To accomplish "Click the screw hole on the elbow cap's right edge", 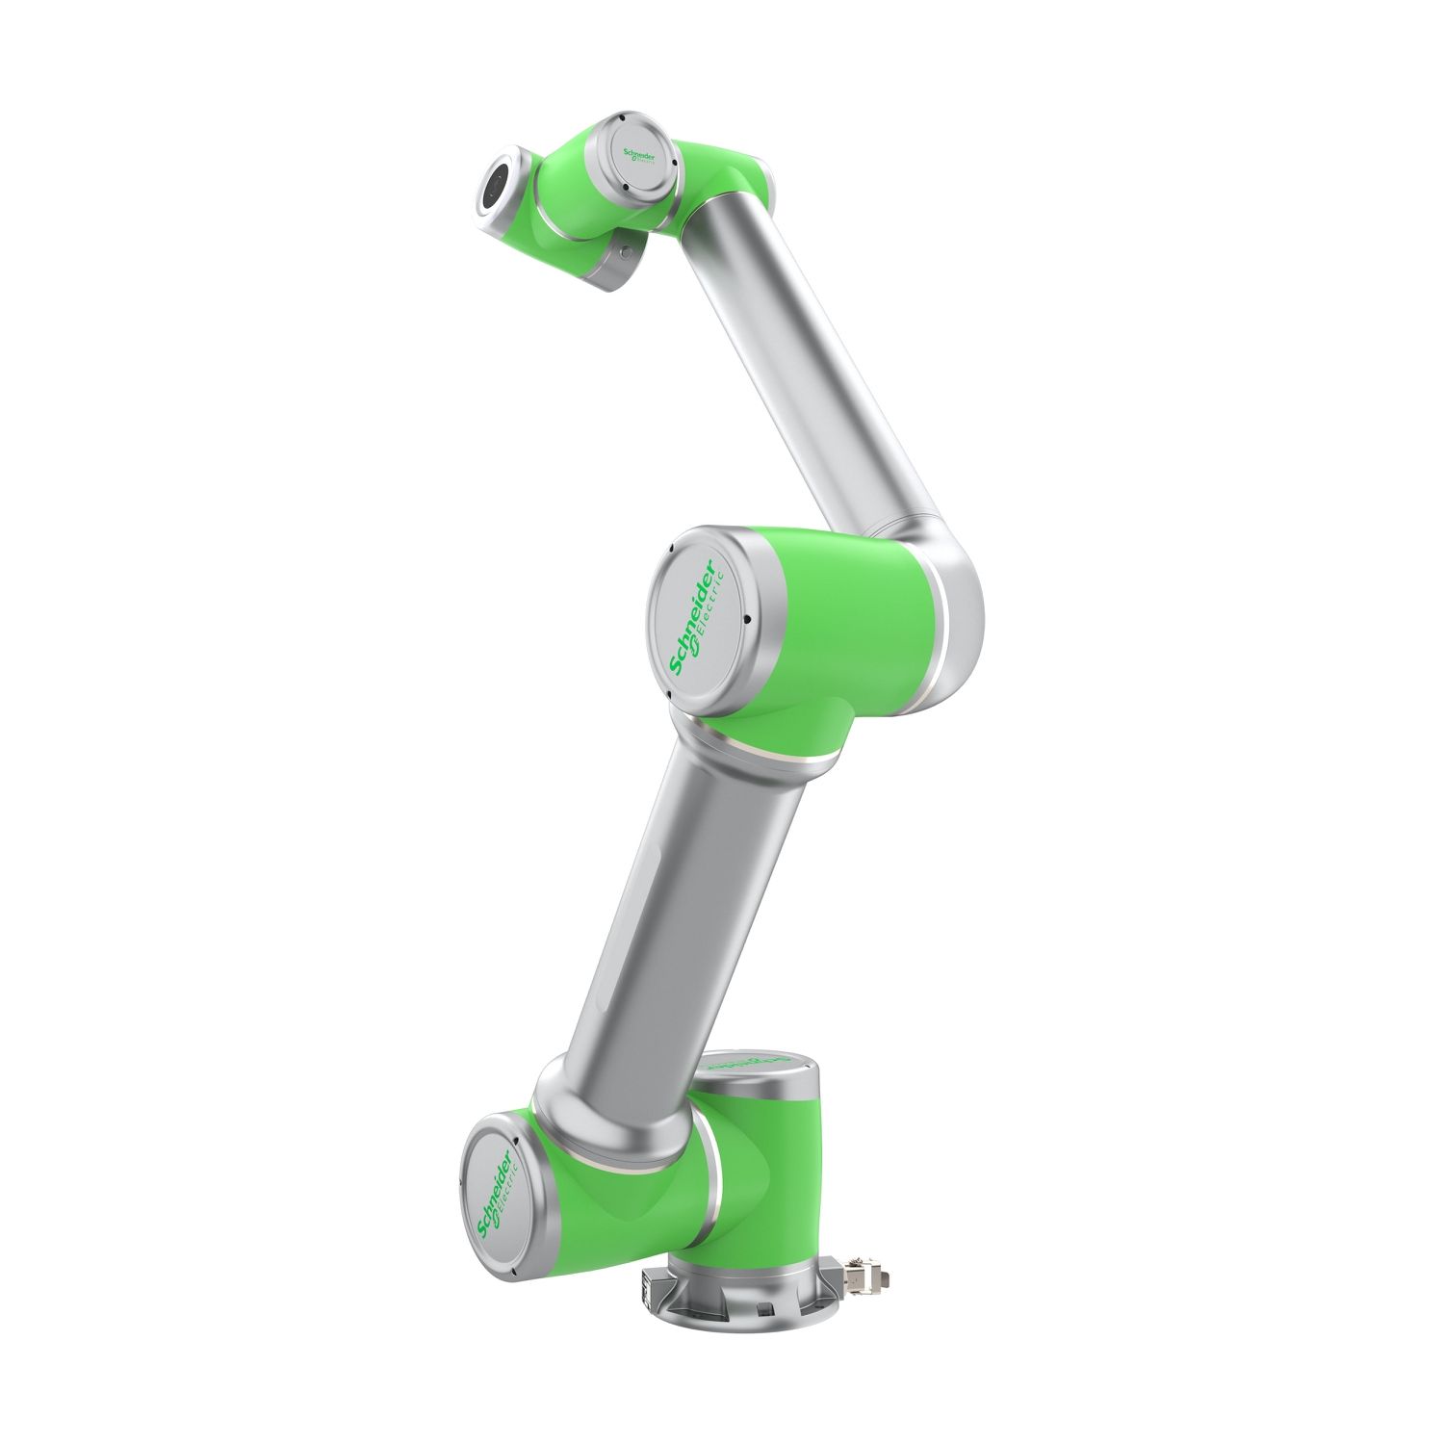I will click(x=746, y=620).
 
